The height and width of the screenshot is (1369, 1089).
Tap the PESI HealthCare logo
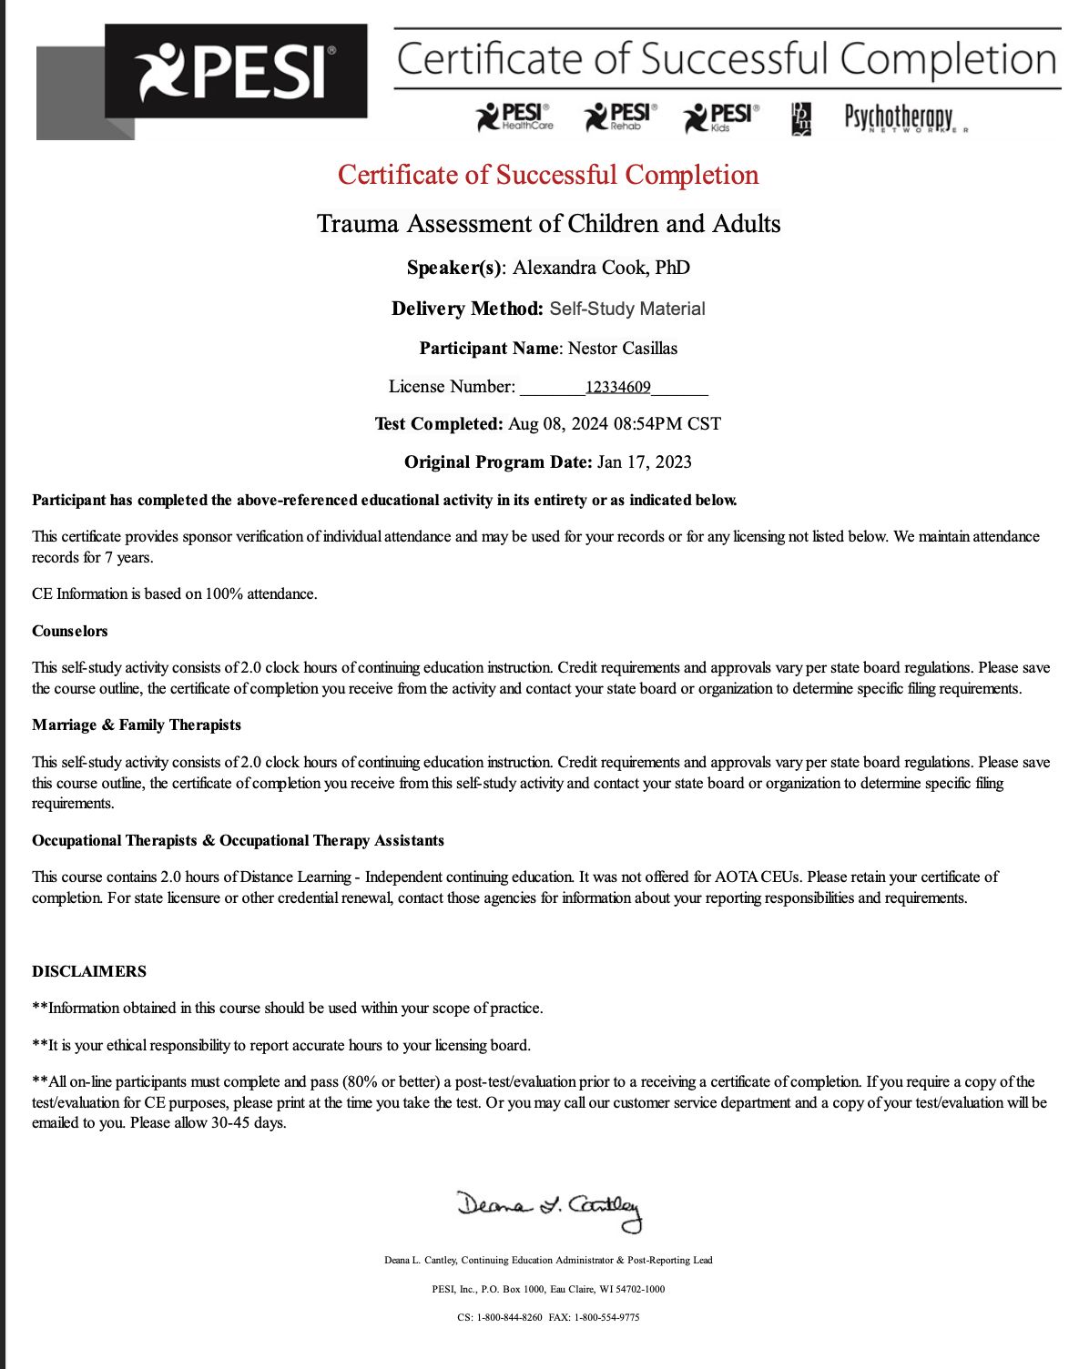[514, 117]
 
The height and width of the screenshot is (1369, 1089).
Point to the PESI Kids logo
[721, 117]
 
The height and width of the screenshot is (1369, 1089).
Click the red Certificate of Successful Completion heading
[548, 175]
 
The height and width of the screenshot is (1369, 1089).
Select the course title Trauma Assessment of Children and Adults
[548, 224]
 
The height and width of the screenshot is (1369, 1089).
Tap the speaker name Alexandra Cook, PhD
[601, 268]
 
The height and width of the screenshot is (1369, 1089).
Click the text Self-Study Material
[627, 309]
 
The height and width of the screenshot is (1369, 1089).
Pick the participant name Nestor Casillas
[623, 349]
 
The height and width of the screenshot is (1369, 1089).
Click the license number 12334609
[618, 388]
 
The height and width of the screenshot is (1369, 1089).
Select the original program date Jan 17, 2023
[645, 462]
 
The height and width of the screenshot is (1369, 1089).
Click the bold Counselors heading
[70, 631]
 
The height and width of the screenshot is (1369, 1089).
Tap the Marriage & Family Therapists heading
[137, 725]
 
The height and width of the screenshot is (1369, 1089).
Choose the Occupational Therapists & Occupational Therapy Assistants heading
[238, 840]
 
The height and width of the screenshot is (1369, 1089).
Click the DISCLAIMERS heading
[89, 971]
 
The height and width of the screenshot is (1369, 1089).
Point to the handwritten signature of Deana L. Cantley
[550, 1209]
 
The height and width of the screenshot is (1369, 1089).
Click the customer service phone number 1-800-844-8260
[509, 1317]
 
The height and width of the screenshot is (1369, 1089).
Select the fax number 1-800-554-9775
[606, 1317]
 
